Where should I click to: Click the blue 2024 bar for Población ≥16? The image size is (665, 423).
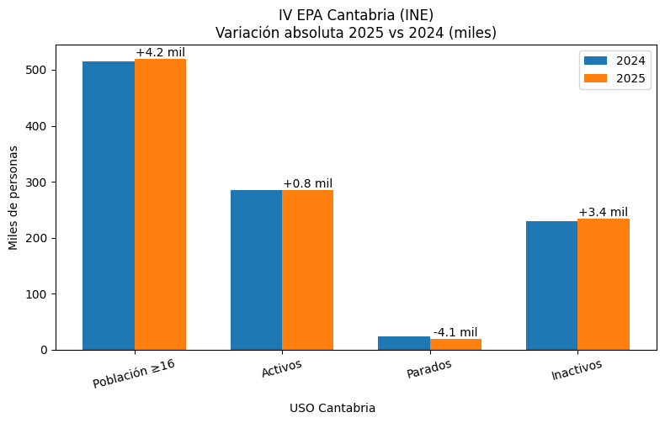pos(109,205)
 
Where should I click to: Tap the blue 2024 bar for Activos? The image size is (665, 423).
pos(257,270)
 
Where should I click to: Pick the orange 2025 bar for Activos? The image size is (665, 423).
pos(308,270)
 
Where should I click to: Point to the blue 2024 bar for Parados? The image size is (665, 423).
pos(404,343)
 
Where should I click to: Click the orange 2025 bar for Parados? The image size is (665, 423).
pos(455,345)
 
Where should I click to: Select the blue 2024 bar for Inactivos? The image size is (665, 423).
pos(552,285)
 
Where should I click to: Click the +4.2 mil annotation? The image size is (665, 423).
pos(160,53)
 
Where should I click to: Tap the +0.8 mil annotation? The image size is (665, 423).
pos(307,184)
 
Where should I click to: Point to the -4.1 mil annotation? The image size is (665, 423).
pos(455,332)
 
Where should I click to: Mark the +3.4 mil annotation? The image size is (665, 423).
pos(603,212)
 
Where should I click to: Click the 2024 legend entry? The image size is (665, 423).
pos(614,61)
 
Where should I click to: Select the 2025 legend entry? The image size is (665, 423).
pos(614,78)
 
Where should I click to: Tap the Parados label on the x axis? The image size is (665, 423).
pos(428,369)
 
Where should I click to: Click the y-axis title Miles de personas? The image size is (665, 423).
pos(13,198)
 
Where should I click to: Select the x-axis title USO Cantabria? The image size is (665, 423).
pos(332,408)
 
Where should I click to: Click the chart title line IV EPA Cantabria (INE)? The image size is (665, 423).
pos(356,14)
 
